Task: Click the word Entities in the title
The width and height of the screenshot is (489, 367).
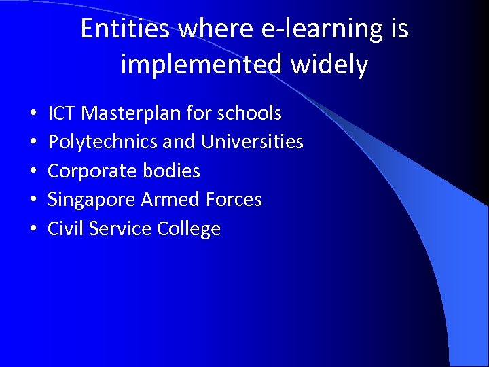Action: pyautogui.click(x=126, y=29)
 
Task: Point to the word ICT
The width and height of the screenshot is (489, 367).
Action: pyautogui.click(x=61, y=113)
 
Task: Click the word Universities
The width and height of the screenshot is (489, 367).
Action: pyautogui.click(x=253, y=141)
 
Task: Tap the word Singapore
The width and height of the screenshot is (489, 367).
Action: pyautogui.click(x=92, y=200)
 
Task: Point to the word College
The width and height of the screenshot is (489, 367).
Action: pyautogui.click(x=189, y=229)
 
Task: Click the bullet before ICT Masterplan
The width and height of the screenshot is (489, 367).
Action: pyautogui.click(x=32, y=113)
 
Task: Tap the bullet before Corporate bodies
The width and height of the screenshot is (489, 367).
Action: pyautogui.click(x=32, y=171)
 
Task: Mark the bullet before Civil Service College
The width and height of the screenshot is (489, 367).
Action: pyautogui.click(x=32, y=229)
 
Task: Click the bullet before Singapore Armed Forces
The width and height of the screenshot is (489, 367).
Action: pyautogui.click(x=32, y=200)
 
